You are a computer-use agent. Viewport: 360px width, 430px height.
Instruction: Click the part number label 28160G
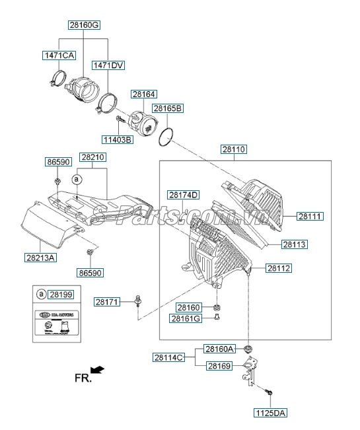point(84,25)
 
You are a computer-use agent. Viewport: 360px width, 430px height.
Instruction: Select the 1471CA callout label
point(59,55)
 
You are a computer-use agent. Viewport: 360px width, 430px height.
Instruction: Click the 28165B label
point(168,108)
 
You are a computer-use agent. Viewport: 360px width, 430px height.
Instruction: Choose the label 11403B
point(117,139)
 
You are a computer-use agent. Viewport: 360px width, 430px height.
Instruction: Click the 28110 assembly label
point(233,149)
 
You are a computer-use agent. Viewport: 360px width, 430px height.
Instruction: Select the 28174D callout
point(182,195)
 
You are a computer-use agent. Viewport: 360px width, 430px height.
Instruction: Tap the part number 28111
point(310,216)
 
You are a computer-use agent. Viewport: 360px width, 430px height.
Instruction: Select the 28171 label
point(107,301)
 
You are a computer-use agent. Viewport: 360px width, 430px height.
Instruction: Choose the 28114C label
point(169,357)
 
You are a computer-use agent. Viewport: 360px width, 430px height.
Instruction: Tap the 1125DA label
point(270,413)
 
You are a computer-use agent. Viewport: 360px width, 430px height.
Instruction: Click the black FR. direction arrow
point(98,370)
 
